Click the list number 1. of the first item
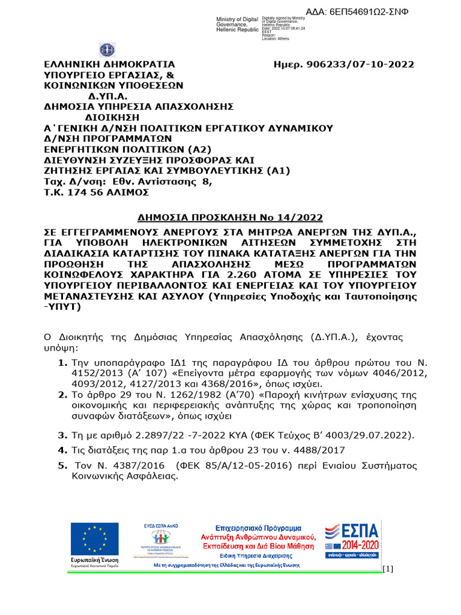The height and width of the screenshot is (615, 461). point(62,363)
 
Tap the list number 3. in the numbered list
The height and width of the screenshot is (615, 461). point(62,434)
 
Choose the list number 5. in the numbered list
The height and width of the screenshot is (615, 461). point(62,465)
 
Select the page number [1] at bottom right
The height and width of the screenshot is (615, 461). point(388,569)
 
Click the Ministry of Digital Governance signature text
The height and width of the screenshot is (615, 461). point(238,25)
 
